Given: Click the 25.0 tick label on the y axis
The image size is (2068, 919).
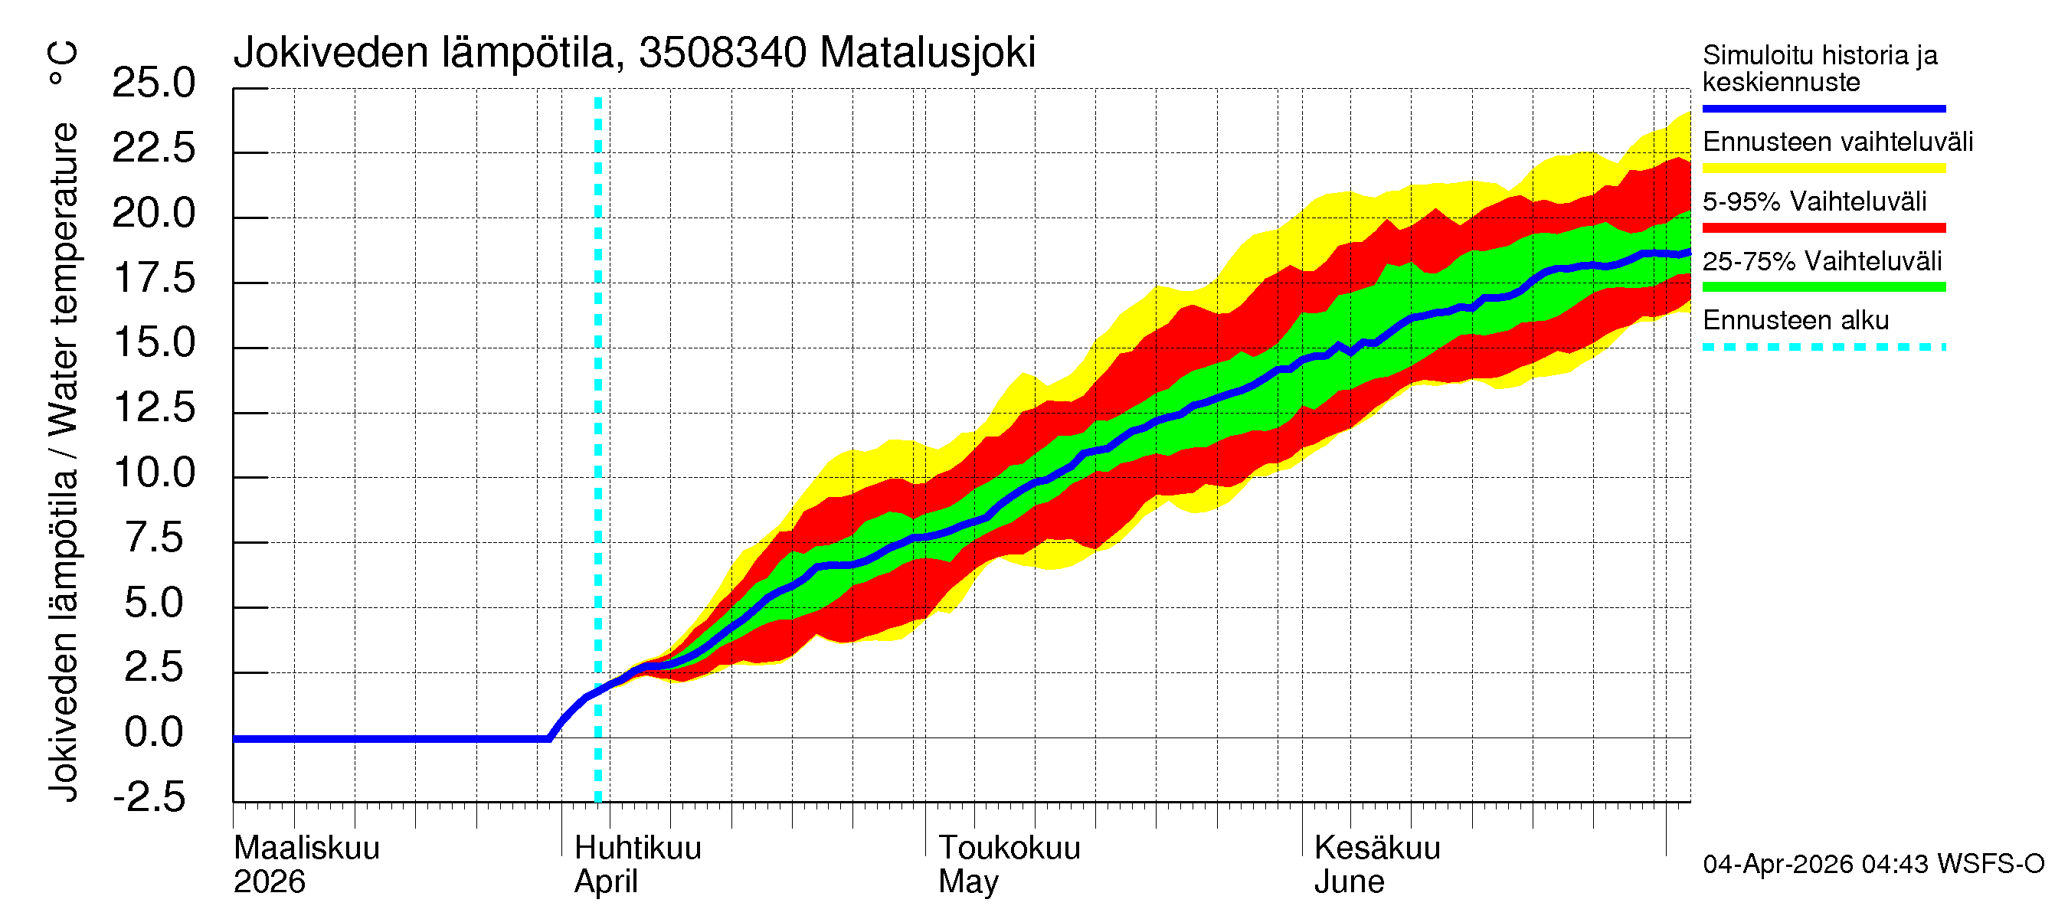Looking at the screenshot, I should (x=153, y=83).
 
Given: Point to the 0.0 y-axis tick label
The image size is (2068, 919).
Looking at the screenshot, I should (x=153, y=733).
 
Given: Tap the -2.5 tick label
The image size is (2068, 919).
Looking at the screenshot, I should (x=149, y=798).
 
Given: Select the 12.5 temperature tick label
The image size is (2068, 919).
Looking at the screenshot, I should (x=153, y=408).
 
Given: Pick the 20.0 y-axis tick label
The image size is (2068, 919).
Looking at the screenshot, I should (x=153, y=214).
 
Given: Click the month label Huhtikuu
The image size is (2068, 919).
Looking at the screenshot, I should (x=637, y=849).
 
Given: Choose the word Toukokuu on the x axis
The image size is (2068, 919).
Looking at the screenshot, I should (x=1009, y=849).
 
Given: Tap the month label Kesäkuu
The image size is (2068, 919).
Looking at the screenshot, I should (x=1377, y=849).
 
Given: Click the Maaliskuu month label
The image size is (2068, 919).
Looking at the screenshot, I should (x=306, y=849).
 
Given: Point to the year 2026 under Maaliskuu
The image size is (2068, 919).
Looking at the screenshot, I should (x=269, y=882).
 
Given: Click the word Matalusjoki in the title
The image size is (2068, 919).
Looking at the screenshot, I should (x=928, y=53).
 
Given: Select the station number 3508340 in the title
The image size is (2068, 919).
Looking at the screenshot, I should (x=722, y=53).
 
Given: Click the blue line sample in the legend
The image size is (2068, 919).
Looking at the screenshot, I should (x=1823, y=108).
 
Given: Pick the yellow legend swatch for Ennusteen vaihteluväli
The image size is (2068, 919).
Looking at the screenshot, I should (x=1823, y=168).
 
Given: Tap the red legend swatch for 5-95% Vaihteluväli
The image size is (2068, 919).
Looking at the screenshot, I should (x=1823, y=228).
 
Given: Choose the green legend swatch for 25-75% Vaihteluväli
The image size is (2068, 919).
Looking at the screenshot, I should (x=1823, y=287).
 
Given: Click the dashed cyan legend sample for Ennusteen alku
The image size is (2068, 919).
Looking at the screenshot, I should (x=1823, y=348).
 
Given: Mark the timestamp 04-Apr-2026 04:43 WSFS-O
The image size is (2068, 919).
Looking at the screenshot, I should (x=1873, y=865).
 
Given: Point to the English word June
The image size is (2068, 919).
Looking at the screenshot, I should (x=1349, y=882).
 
